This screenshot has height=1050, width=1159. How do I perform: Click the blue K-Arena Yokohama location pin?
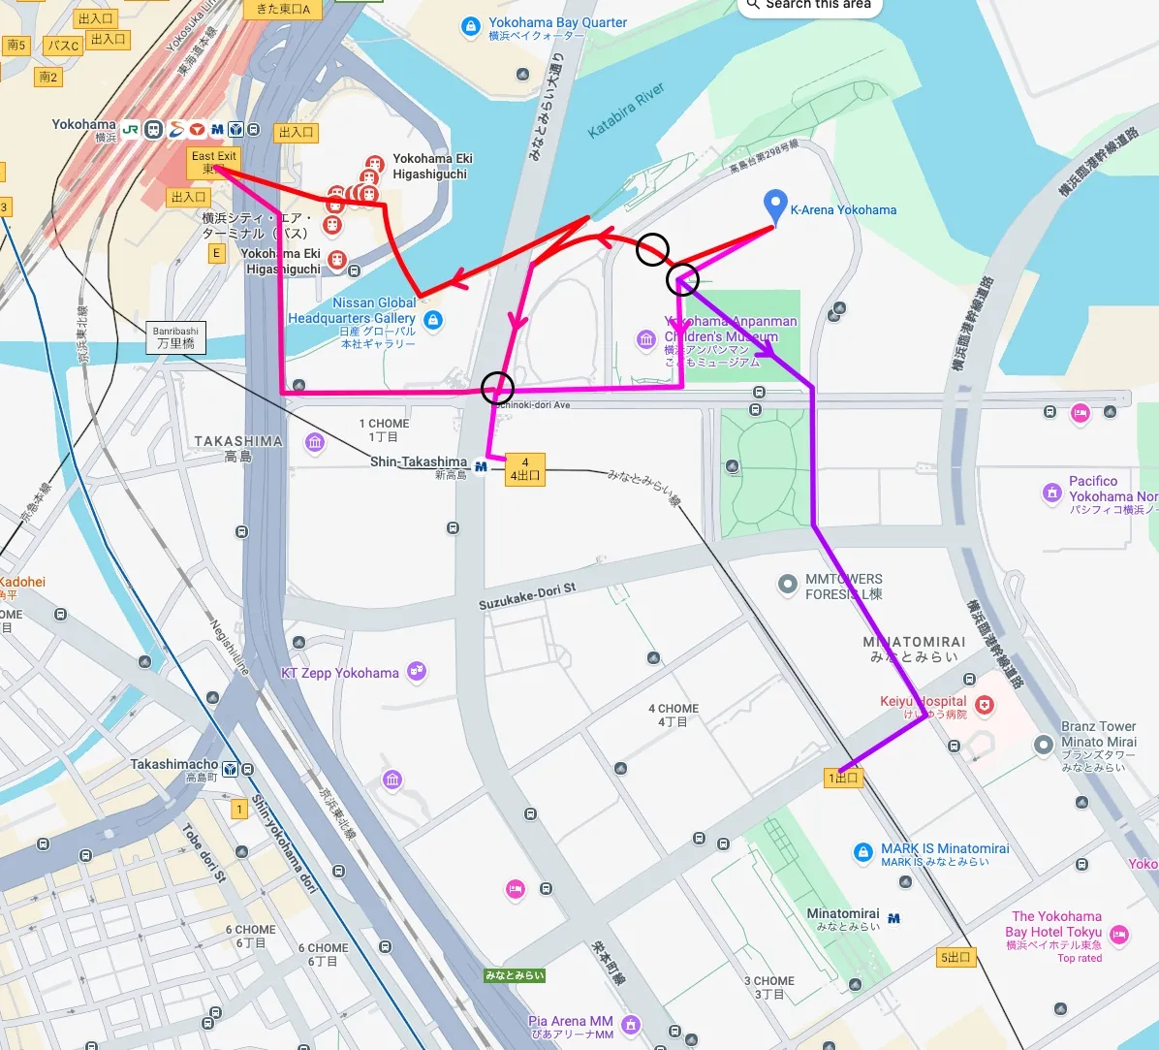tap(774, 205)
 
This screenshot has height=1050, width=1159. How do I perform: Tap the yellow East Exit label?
tap(213, 162)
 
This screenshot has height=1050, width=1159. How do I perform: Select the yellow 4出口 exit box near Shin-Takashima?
tap(525, 469)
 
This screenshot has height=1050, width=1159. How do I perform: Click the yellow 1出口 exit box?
tap(843, 778)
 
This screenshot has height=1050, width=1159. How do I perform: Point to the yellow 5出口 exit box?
tap(955, 958)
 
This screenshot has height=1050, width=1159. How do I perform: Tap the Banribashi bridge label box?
tap(175, 337)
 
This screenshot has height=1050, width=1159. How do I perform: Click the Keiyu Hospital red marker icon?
tap(985, 706)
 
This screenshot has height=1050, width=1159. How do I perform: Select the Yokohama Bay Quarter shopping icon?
tap(471, 26)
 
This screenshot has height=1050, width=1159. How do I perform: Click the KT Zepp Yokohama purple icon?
tap(417, 671)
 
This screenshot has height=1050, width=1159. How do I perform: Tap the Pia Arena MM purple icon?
tap(631, 1025)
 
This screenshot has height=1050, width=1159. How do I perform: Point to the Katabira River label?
tap(626, 110)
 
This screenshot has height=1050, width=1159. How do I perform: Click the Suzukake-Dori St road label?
tap(527, 596)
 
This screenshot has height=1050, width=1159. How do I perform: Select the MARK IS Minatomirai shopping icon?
tap(862, 852)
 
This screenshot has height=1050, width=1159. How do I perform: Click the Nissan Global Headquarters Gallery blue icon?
tap(433, 319)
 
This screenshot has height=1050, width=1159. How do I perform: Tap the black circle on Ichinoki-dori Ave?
tap(497, 388)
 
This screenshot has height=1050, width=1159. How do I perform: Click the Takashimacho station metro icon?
tap(231, 770)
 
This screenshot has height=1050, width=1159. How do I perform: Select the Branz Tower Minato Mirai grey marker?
tap(1043, 745)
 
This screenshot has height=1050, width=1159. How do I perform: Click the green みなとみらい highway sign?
tap(515, 975)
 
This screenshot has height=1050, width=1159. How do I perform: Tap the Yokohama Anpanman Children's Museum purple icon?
tap(646, 339)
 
